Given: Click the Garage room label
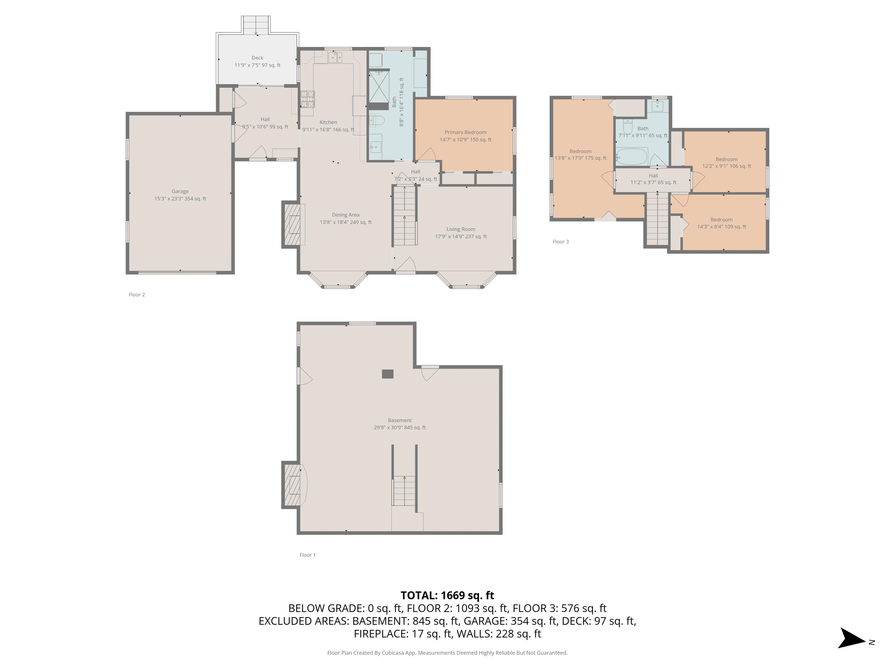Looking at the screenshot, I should (x=180, y=191).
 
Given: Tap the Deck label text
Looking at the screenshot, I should (x=257, y=58).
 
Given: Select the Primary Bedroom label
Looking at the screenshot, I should (x=465, y=132).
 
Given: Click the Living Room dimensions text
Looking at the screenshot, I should (x=461, y=236).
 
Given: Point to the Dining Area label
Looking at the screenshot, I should (x=346, y=215).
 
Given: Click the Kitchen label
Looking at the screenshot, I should (x=328, y=122).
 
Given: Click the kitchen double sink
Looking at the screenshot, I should (x=335, y=58).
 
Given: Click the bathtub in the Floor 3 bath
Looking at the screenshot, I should (x=632, y=156).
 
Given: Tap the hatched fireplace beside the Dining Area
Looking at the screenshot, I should (x=292, y=225).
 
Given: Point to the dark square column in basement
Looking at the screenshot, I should (x=387, y=374).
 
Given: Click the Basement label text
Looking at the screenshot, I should (x=400, y=420).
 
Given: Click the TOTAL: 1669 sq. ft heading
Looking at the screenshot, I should (x=447, y=595).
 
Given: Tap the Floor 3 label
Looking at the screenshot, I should (x=560, y=242).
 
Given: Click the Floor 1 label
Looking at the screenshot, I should (x=307, y=555).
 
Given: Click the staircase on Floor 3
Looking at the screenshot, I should (x=657, y=220).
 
